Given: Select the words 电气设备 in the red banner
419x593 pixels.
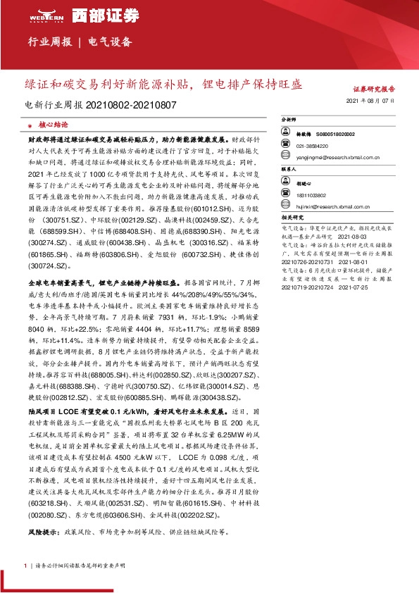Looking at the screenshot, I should pyautogui.click(x=111, y=42).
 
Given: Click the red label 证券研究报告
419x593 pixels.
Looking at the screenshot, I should pyautogui.click(x=374, y=89).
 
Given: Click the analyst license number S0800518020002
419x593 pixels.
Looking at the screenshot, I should pyautogui.click(x=335, y=133).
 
